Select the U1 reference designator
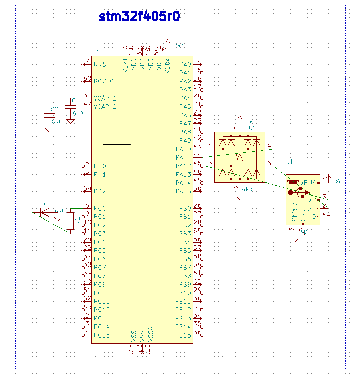(x=96, y=52)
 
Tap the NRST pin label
(x=102, y=64)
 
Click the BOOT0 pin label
(x=104, y=81)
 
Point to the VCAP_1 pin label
(x=105, y=98)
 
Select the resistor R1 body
(x=70, y=221)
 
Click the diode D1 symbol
(x=45, y=213)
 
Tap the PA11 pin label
(x=183, y=157)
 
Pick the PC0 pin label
(x=100, y=208)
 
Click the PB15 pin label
(x=183, y=335)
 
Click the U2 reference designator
(x=252, y=128)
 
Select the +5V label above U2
(x=247, y=122)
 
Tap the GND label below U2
(x=247, y=189)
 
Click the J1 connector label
(x=290, y=162)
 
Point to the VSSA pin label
(x=151, y=334)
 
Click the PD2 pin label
(x=100, y=191)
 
